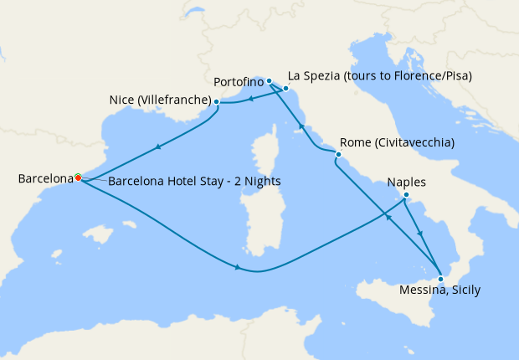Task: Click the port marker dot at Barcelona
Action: click(78, 177)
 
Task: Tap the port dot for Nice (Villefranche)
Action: click(217, 102)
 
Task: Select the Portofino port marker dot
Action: click(269, 81)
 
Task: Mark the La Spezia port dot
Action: click(285, 88)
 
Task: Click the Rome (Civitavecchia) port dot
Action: click(338, 155)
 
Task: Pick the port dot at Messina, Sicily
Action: click(440, 278)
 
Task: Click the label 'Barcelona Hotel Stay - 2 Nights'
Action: click(194, 182)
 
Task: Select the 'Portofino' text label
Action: click(239, 82)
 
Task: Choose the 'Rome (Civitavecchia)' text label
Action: click(398, 142)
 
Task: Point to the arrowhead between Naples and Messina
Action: click(420, 234)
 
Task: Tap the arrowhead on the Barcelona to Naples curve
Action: click(239, 268)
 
